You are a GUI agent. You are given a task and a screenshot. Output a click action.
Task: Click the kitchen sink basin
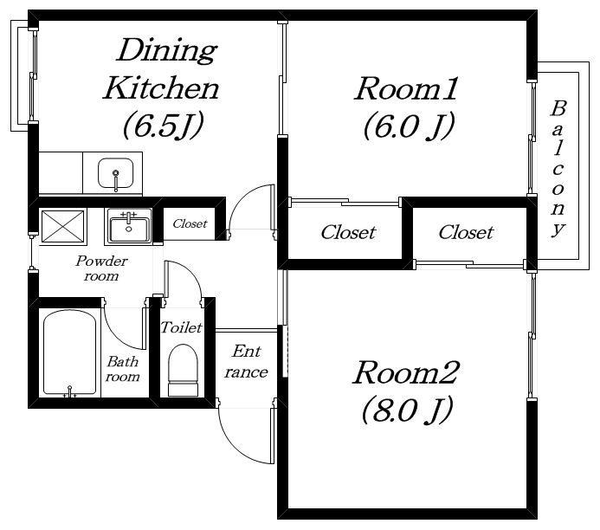coord(115,173)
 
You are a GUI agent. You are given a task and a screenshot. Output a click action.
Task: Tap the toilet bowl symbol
coord(184,370)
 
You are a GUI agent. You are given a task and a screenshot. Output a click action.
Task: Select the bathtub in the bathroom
coord(69,353)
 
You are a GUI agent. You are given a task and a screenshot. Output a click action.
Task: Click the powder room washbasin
coord(129,229)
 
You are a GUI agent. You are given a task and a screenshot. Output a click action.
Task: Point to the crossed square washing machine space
coord(62,226)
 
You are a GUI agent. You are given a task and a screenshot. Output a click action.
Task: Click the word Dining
coord(167,50)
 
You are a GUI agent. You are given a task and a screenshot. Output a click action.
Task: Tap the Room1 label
coord(405,89)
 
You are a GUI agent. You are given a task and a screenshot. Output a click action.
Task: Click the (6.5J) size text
coord(163,125)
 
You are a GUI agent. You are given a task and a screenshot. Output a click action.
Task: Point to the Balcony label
coord(558,168)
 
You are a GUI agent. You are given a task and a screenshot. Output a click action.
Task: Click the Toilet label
coord(181,327)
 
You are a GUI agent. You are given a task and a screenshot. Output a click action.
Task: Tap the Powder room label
coord(101,268)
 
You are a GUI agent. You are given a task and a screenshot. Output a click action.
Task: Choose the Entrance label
coord(246,362)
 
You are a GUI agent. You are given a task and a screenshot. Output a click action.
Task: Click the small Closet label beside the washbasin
coord(190,223)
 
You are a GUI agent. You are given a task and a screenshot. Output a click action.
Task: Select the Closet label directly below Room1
coord(348,232)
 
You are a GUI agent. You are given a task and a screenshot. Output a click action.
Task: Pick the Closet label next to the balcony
coord(466,232)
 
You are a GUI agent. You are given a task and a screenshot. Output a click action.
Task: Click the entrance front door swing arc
coord(234,444)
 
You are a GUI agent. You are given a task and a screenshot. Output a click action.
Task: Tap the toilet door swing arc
coord(190,273)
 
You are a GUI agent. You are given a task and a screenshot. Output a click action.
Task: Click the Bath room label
coord(122,369)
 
